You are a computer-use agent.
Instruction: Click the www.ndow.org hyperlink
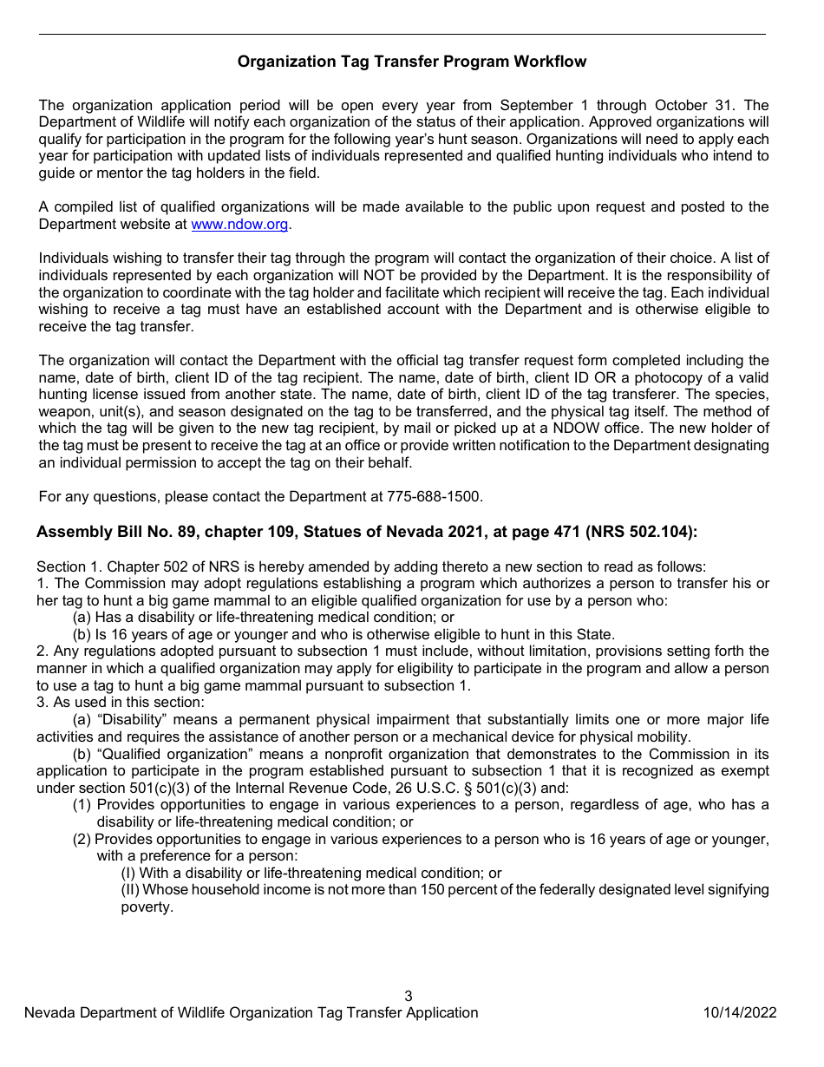pos(239,224)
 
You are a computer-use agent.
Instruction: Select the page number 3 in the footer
pos(409,996)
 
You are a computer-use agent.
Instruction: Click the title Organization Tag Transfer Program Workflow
pos(412,62)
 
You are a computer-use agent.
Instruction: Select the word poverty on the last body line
pos(146,907)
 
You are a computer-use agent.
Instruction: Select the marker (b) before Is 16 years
pos(82,634)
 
